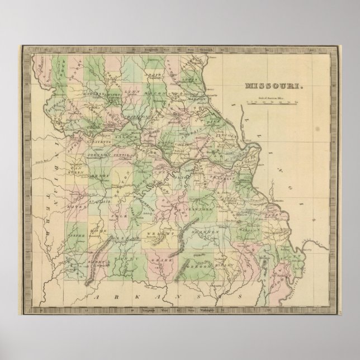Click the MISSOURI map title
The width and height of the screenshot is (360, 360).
pyautogui.click(x=273, y=87)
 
